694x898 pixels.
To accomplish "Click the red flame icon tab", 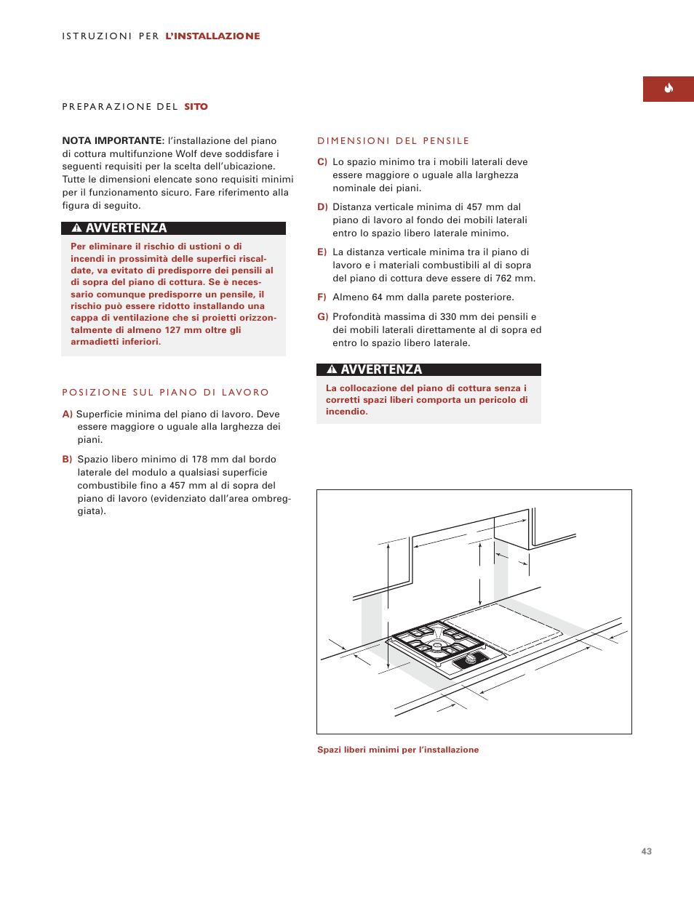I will (668, 89).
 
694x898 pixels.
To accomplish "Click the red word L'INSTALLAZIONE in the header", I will (212, 36).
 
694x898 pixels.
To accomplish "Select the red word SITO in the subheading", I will (196, 107).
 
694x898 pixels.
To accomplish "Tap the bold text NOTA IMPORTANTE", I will (113, 140).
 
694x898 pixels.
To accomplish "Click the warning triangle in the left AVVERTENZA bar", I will (76, 228).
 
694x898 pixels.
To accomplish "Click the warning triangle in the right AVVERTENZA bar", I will (332, 369).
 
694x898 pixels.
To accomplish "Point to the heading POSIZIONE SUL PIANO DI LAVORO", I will (165, 393).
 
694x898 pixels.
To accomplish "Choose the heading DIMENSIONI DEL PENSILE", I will (393, 141).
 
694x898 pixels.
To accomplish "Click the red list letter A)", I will (67, 414).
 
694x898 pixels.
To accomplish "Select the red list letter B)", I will (67, 460).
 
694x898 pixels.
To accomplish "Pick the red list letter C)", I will (322, 162).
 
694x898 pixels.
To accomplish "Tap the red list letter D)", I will (322, 207).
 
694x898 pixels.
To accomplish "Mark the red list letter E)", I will (322, 252).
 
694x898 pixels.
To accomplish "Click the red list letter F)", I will (322, 297).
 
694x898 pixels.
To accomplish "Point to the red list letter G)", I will (323, 317).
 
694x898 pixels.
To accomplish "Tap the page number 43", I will (646, 851).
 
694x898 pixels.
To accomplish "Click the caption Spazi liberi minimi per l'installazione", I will (398, 750).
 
